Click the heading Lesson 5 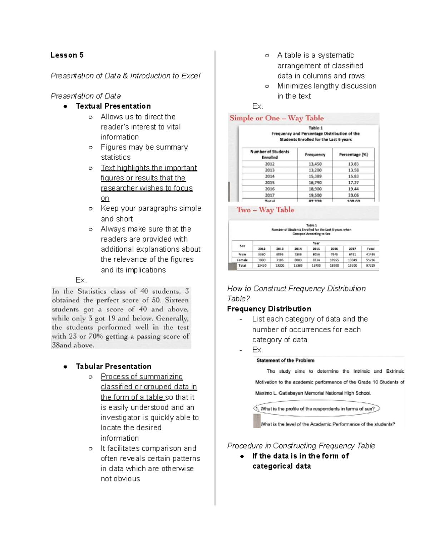[x=67, y=55]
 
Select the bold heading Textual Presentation [x=113, y=106]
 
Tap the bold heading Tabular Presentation [x=113, y=367]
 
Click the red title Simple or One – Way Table [x=276, y=118]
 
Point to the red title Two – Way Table [x=265, y=210]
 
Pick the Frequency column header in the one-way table [x=315, y=155]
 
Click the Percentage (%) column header [x=353, y=155]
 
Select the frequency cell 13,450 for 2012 [x=315, y=164]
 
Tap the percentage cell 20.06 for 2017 [x=353, y=195]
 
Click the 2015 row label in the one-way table [x=270, y=183]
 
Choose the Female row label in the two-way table [x=242, y=260]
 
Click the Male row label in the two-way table [x=242, y=255]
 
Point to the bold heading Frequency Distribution [x=269, y=309]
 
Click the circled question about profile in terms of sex [x=317, y=409]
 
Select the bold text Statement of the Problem [x=285, y=361]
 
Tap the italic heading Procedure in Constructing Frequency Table [x=301, y=446]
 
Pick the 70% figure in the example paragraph [x=95, y=337]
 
